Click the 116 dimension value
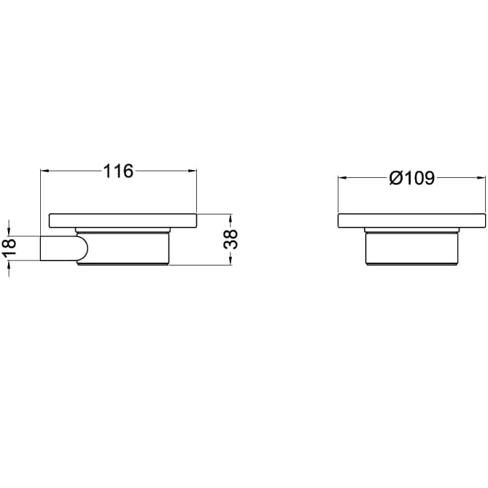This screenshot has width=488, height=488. [x=118, y=171]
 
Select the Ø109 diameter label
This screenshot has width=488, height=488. [x=411, y=178]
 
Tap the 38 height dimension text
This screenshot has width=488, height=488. [x=231, y=239]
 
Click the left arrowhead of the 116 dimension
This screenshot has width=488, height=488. [x=45, y=171]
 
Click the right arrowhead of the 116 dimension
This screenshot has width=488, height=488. [x=192, y=171]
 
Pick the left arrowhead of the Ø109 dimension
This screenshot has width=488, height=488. [x=343, y=178]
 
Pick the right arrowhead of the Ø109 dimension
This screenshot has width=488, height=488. [x=481, y=178]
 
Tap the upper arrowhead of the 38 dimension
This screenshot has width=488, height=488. [x=231, y=218]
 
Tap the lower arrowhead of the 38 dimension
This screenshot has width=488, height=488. [x=231, y=260]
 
